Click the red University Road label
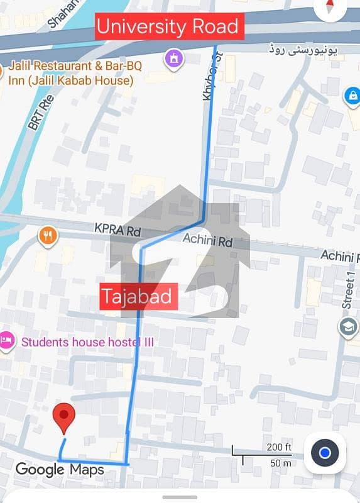tap(168, 27)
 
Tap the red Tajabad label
tap(138, 296)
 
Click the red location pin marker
tap(63, 417)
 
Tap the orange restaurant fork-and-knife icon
tap(48, 236)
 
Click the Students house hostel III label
tap(87, 342)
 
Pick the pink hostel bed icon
tap(6, 340)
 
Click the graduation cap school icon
tap(347, 326)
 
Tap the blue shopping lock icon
tap(352, 96)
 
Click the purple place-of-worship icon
tap(172, 60)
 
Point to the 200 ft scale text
tap(279, 448)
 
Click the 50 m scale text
tap(280, 463)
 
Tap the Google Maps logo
tap(60, 469)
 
